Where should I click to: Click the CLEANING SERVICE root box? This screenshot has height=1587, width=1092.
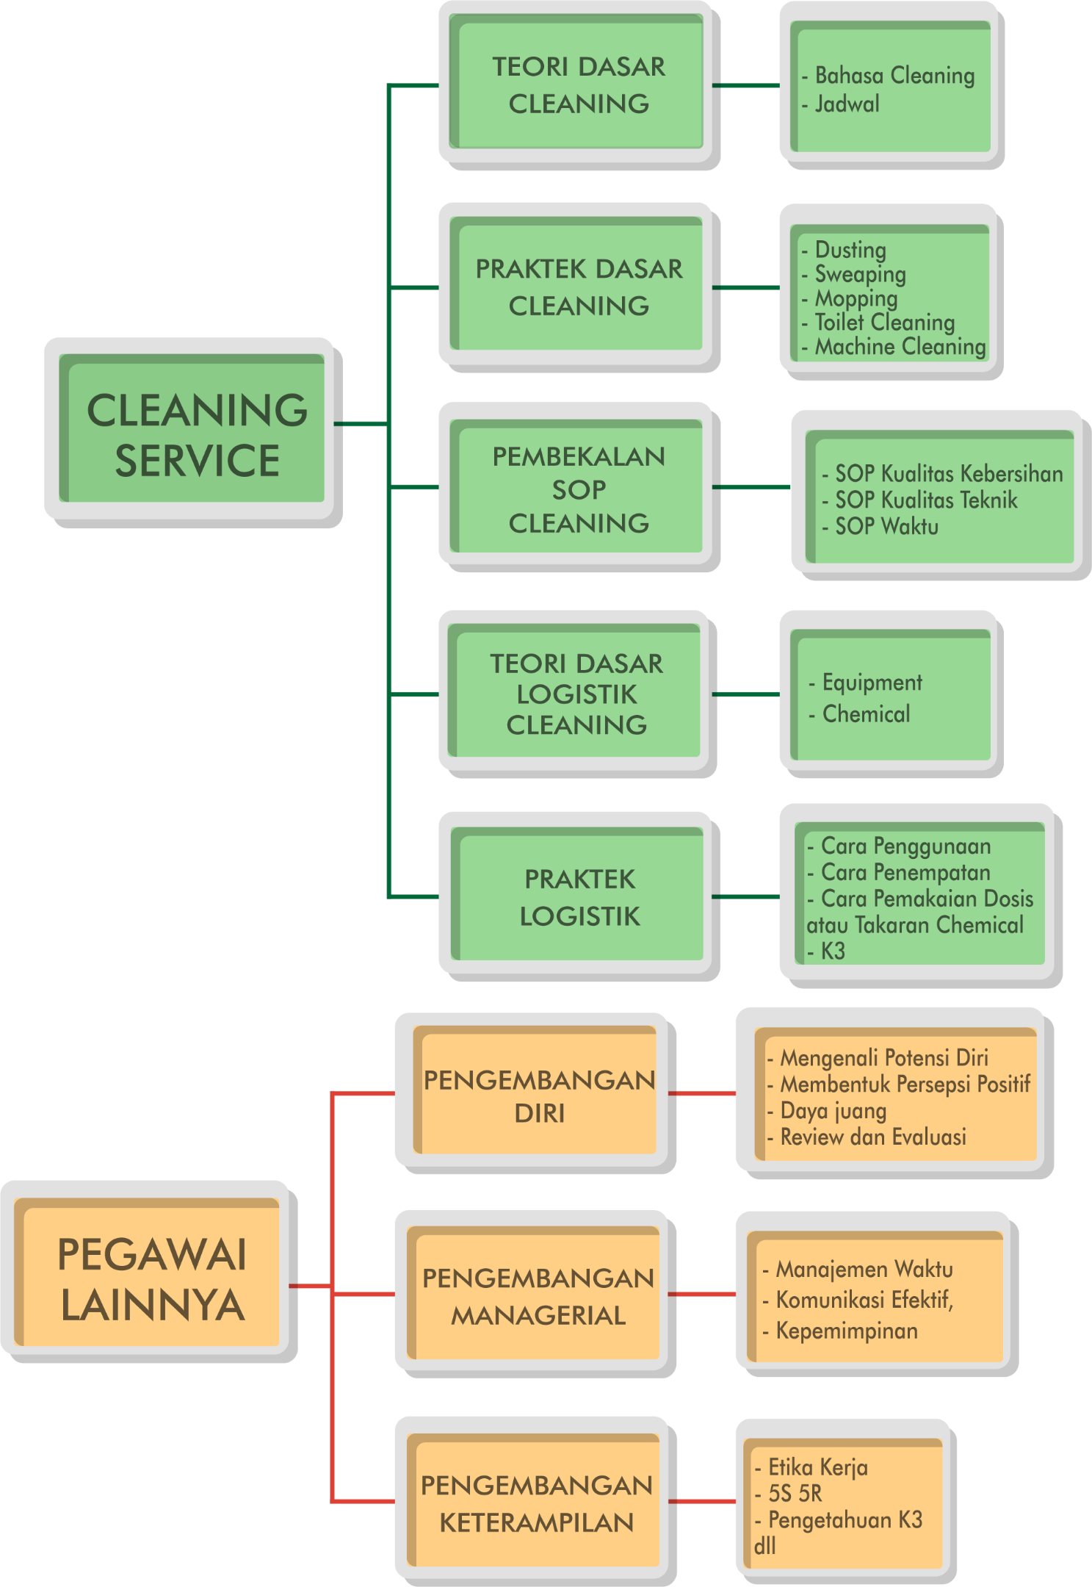click(196, 433)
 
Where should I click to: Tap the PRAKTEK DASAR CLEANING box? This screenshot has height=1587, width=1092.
click(579, 287)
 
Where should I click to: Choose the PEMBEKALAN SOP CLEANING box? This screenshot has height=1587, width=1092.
click(579, 489)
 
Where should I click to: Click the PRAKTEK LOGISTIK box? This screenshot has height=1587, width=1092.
click(579, 897)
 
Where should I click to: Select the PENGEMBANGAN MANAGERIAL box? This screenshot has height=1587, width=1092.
click(538, 1296)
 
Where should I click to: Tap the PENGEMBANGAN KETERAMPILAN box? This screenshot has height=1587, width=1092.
click(536, 1503)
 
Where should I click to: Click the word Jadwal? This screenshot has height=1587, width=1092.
click(847, 104)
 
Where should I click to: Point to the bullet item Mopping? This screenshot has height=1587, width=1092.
click(856, 298)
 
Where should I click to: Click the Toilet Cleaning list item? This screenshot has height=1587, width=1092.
click(884, 322)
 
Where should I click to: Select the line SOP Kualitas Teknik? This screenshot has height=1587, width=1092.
click(925, 500)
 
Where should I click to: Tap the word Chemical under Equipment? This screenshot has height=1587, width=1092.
click(866, 713)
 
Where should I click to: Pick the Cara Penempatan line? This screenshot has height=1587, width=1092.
click(905, 872)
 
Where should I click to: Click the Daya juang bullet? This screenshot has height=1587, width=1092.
click(833, 1110)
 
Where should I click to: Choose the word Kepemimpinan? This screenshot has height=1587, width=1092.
click(846, 1331)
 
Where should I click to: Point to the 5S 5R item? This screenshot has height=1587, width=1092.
click(795, 1493)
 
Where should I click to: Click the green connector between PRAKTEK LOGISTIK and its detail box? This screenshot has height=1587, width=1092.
click(746, 897)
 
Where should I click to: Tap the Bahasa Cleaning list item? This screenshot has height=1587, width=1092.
click(894, 76)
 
